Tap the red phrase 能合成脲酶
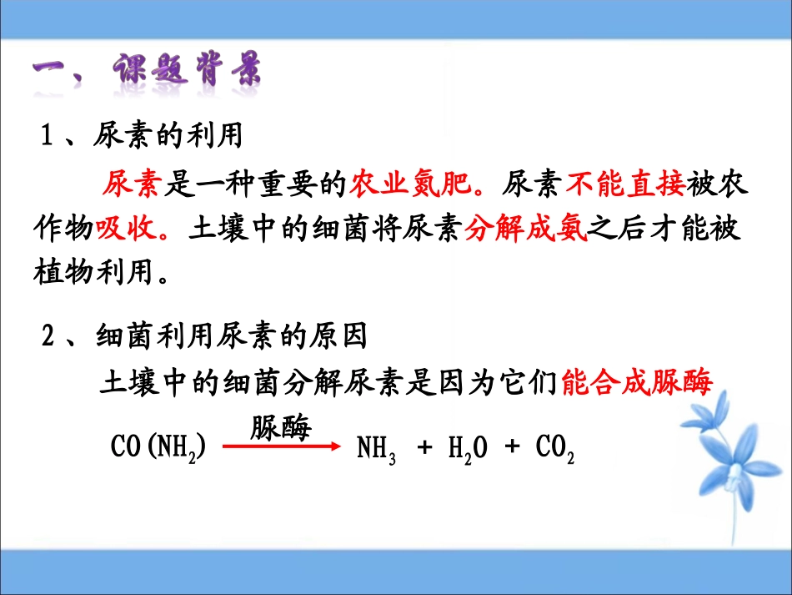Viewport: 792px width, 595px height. tap(638, 383)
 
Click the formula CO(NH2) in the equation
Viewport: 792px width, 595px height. tap(158, 448)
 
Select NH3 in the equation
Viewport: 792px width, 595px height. tap(377, 450)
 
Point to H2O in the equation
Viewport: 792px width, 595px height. tap(468, 450)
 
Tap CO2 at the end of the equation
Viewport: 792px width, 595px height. tap(554, 450)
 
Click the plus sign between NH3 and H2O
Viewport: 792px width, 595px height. tap(425, 448)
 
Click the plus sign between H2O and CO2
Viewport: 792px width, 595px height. tap(512, 448)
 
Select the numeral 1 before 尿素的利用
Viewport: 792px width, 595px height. tap(48, 136)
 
